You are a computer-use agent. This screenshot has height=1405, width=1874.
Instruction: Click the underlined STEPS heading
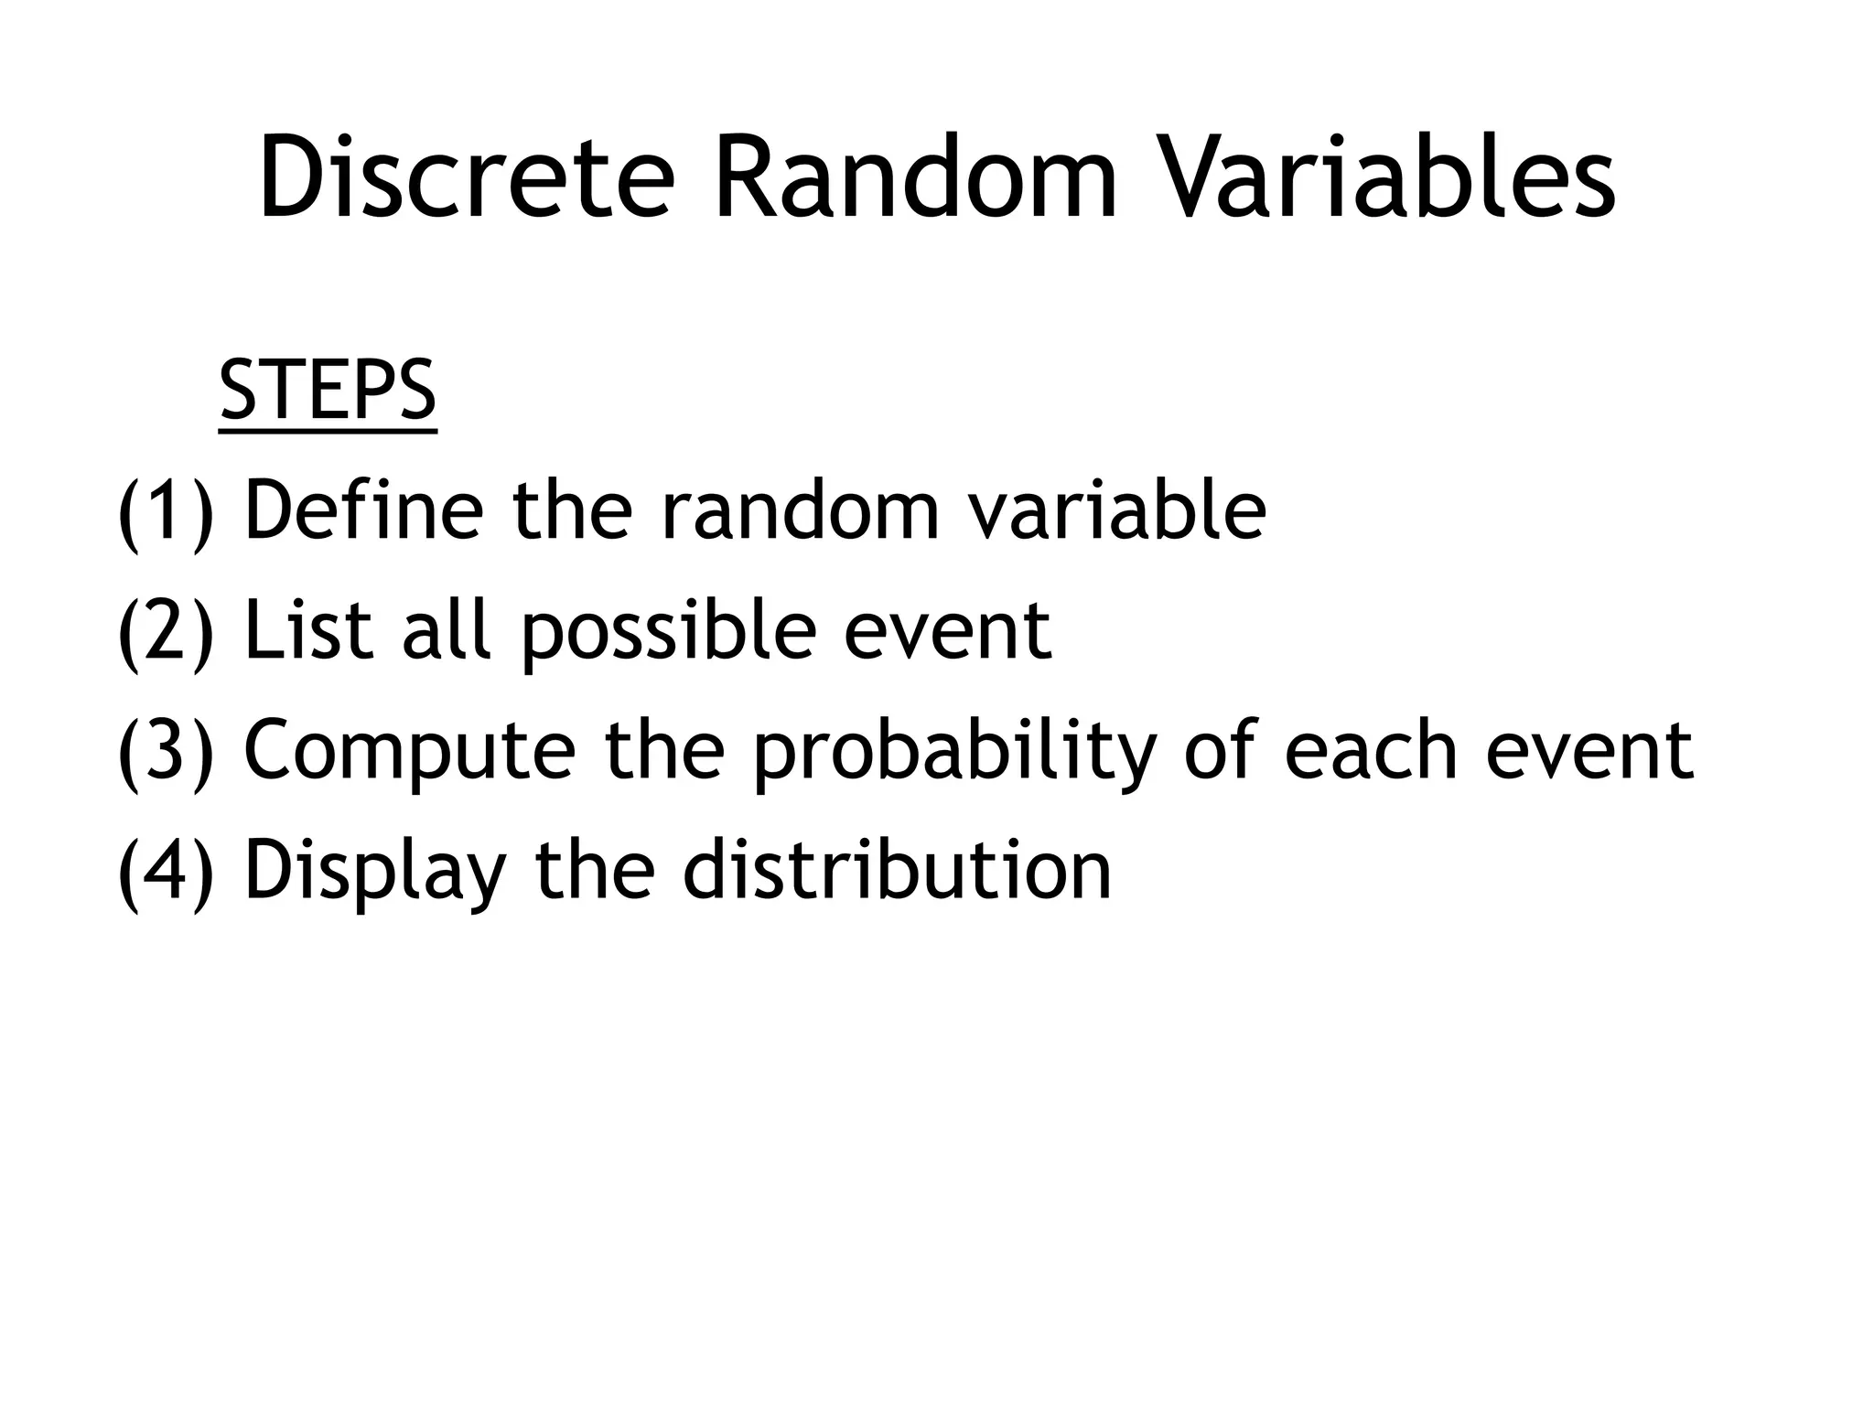click(x=328, y=391)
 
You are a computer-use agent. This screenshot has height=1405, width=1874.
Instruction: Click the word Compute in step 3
click(x=410, y=753)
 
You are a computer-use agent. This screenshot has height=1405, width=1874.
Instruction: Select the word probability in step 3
click(x=955, y=753)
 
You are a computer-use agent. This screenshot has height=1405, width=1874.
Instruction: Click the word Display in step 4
click(x=375, y=871)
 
